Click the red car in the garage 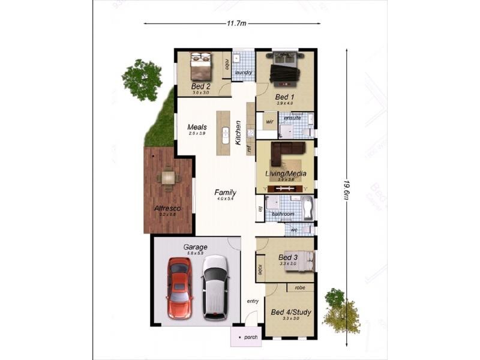pos(179,288)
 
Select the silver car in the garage pos(215,287)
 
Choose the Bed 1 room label pos(284,97)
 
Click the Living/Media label pos(286,173)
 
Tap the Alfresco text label pos(167,208)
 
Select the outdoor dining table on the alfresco pos(167,178)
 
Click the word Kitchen pos(238,133)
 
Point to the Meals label pos(197,127)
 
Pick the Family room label pos(225,192)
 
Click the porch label pos(251,337)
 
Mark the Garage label pos(195,247)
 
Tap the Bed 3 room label pos(288,257)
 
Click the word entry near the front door pos(253,301)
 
